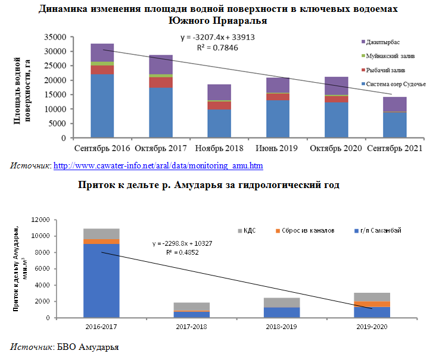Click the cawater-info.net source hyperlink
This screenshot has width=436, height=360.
coord(158,165)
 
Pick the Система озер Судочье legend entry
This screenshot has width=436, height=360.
coord(395,84)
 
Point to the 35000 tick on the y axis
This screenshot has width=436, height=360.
coord(55,37)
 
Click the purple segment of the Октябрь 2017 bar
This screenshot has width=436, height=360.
coord(160,65)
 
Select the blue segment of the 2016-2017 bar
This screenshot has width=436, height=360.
coord(101,280)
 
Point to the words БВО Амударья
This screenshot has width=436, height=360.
coord(88,346)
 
